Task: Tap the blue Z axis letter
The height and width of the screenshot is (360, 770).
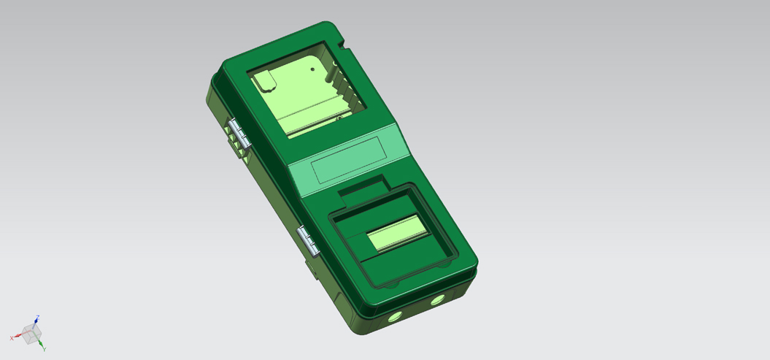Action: tap(38, 317)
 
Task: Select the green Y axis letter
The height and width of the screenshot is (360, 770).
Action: tap(45, 349)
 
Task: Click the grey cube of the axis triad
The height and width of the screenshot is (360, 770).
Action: tap(31, 334)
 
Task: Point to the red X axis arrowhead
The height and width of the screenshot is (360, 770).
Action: tap(18, 337)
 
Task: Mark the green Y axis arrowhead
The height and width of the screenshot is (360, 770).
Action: tap(42, 344)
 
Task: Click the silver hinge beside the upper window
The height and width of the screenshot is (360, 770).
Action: tap(239, 134)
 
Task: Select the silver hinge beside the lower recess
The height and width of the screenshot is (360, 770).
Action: tap(309, 241)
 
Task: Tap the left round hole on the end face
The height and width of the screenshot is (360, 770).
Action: tap(395, 317)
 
